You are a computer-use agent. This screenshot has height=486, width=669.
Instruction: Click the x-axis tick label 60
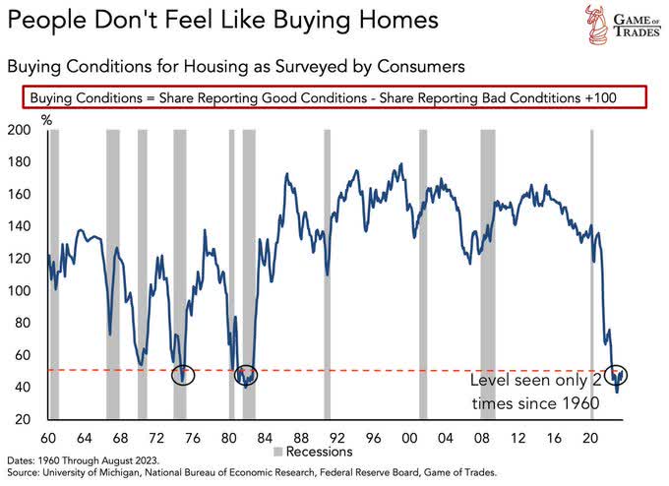coord(47,439)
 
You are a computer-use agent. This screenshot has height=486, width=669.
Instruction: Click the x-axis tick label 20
coord(590,439)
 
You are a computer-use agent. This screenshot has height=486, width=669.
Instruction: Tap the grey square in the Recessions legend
coord(278,455)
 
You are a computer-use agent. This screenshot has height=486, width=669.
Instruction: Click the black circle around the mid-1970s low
coord(182,374)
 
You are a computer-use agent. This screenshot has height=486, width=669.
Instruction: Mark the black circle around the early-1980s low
coord(245,374)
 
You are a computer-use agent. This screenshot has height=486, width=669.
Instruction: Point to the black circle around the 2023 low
coord(618,375)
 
